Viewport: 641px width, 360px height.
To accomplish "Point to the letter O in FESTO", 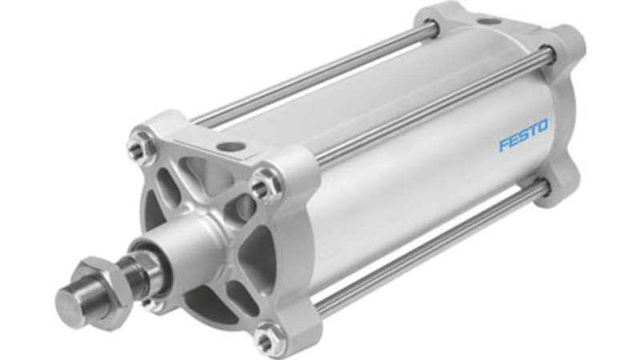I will coord(542,127).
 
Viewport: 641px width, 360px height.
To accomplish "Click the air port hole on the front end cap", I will coord(232,147).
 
